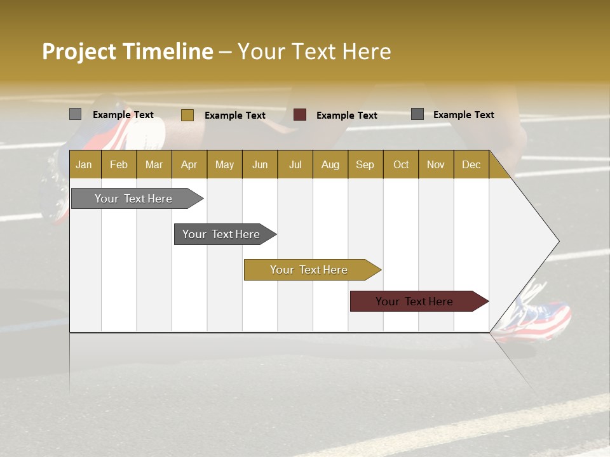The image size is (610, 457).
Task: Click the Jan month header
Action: pyautogui.click(x=84, y=164)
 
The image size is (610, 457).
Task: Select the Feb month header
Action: pyautogui.click(x=119, y=164)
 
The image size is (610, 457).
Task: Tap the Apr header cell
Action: pyautogui.click(x=189, y=164)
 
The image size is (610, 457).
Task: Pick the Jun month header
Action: pyautogui.click(x=260, y=164)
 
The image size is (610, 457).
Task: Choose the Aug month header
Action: pyautogui.click(x=330, y=164)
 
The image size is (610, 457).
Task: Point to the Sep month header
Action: pyautogui.click(x=365, y=164)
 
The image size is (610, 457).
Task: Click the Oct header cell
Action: pyautogui.click(x=401, y=164)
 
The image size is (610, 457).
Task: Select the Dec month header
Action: pyautogui.click(x=471, y=164)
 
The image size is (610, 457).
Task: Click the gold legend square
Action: pyautogui.click(x=187, y=115)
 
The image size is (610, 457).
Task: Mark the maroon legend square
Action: pyautogui.click(x=300, y=115)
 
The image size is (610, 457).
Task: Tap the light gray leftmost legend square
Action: pyautogui.click(x=75, y=114)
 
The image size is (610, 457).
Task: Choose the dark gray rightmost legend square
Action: pyautogui.click(x=417, y=114)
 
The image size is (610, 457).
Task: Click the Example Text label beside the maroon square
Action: pyautogui.click(x=346, y=116)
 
